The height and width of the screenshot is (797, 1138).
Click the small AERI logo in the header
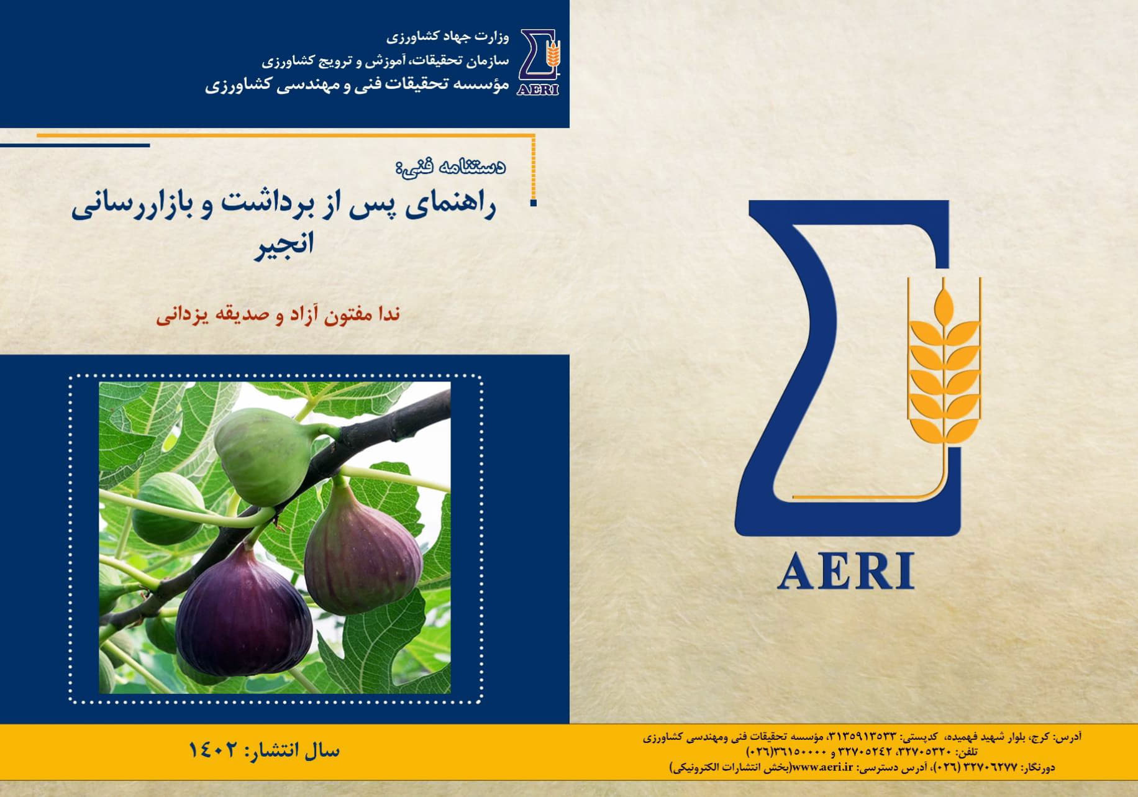pos(538,62)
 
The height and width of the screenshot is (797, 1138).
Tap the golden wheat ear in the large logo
pos(944,367)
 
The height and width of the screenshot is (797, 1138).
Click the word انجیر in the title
pos(283,243)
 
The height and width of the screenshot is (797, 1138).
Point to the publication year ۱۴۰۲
pos(213,750)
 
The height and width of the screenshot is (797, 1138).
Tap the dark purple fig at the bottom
pos(244,609)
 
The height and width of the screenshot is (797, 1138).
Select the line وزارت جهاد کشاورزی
pos(447,37)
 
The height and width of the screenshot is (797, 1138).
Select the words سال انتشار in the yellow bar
pos(294,750)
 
